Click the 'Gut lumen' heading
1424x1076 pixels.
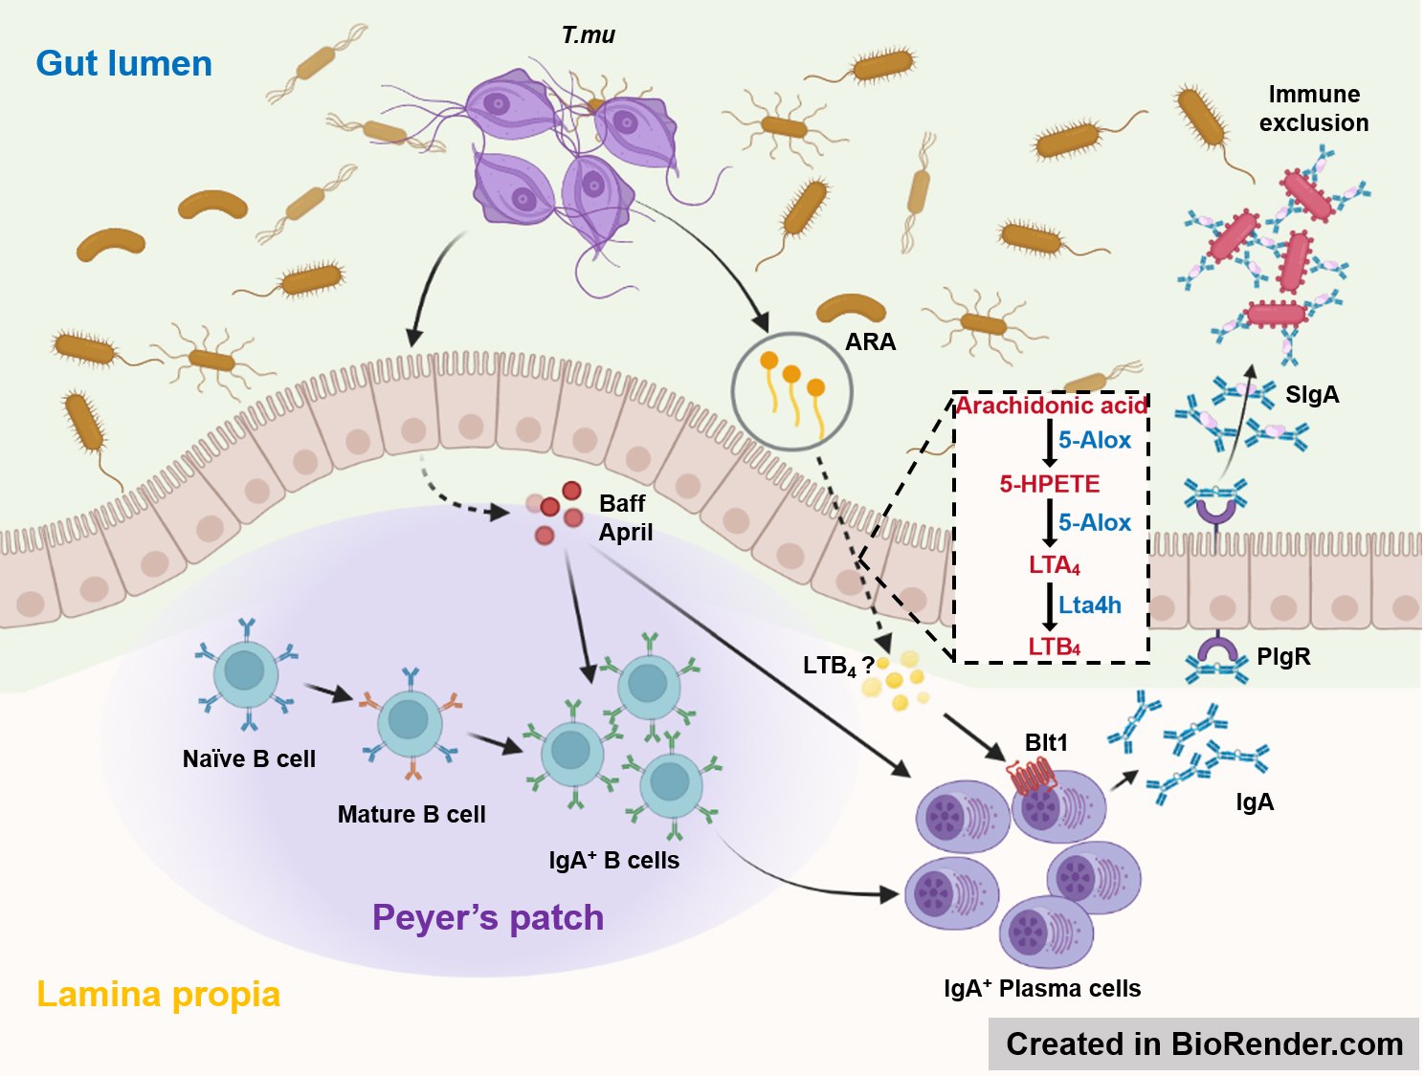(x=123, y=64)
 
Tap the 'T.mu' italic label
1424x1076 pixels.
(x=588, y=35)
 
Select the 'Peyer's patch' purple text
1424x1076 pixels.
(x=488, y=917)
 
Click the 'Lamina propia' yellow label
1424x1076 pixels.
(x=158, y=995)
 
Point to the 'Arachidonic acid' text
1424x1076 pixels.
(x=1051, y=406)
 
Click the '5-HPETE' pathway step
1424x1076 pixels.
(x=1050, y=484)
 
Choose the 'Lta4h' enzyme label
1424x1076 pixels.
(x=1090, y=604)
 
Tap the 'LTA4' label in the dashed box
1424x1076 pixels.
(x=1054, y=565)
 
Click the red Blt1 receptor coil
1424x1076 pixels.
(x=1033, y=777)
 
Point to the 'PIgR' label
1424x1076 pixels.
(x=1283, y=657)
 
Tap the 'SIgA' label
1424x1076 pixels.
(x=1312, y=395)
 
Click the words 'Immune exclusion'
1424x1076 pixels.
(x=1314, y=109)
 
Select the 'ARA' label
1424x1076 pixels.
(x=870, y=342)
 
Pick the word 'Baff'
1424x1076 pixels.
(x=622, y=503)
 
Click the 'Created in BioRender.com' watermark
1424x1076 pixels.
(x=1204, y=1043)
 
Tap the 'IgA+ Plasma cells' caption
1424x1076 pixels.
(x=1042, y=989)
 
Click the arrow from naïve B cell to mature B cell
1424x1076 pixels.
(x=329, y=693)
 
